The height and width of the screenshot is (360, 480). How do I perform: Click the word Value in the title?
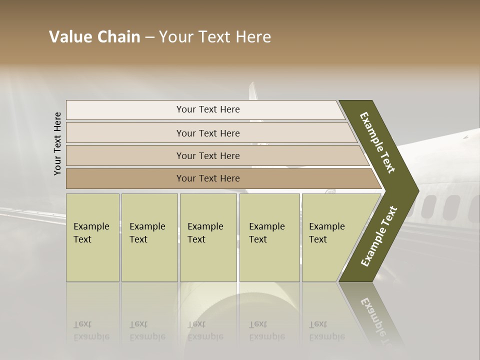pos(68,37)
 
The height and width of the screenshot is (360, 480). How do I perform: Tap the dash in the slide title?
pos(149,37)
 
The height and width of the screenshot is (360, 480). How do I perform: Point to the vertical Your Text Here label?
pos(57,143)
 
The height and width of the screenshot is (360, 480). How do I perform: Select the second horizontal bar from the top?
pos(208,133)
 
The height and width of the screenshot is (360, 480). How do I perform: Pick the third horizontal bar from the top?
pos(208,155)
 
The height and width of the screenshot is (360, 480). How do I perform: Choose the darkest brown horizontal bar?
pos(208,178)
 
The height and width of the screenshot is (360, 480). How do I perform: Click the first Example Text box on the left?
pos(92,237)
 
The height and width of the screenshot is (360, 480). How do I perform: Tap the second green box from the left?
pos(149,237)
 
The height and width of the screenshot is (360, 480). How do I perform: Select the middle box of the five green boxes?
pos(208,237)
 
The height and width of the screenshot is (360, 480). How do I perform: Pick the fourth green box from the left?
pos(269,237)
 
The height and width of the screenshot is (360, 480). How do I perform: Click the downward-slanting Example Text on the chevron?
pos(377,142)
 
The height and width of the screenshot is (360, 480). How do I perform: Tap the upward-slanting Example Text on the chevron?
pos(379,236)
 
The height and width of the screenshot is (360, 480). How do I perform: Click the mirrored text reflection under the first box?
pos(91,330)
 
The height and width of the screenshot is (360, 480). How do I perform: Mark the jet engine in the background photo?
pos(235,320)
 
